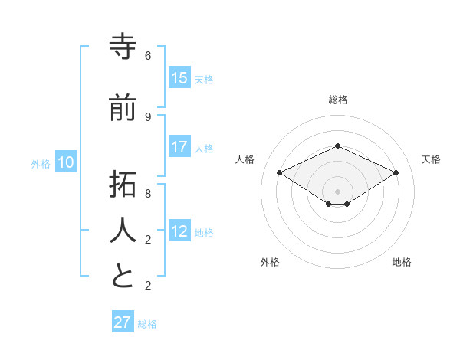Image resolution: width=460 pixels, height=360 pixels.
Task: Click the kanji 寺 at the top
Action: pyautogui.click(x=123, y=47)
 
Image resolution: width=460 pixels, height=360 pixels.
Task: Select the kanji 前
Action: pyautogui.click(x=123, y=108)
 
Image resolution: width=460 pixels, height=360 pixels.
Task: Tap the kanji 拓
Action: pyautogui.click(x=123, y=185)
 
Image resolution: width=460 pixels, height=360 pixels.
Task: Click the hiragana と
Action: pyautogui.click(x=123, y=275)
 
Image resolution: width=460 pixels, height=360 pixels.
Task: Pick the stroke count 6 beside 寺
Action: pyautogui.click(x=148, y=56)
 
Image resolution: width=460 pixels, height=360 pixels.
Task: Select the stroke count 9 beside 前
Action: pyautogui.click(x=148, y=116)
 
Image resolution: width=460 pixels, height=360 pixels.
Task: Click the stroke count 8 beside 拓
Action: pyautogui.click(x=148, y=193)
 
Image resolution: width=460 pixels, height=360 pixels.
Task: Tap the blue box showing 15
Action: pyautogui.click(x=179, y=78)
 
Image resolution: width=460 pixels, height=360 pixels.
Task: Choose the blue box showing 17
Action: pyautogui.click(x=179, y=147)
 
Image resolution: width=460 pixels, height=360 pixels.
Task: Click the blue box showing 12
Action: pyautogui.click(x=179, y=231)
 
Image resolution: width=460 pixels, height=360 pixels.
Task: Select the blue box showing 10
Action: pyautogui.click(x=66, y=162)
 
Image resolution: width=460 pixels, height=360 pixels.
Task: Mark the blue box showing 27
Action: pyautogui.click(x=123, y=322)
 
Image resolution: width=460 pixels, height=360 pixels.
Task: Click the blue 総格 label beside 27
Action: pyautogui.click(x=147, y=324)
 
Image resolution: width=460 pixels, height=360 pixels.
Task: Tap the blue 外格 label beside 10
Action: pyautogui.click(x=41, y=164)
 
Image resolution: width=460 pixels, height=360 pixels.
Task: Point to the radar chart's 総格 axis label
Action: pyautogui.click(x=338, y=100)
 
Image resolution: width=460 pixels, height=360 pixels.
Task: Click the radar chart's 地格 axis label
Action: pyautogui.click(x=402, y=262)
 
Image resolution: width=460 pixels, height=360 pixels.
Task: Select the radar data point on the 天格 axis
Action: pyautogui.click(x=396, y=173)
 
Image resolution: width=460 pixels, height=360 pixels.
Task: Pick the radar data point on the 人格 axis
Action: pyautogui.click(x=280, y=173)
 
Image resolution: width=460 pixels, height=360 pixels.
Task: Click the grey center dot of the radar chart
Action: pyautogui.click(x=337, y=191)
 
